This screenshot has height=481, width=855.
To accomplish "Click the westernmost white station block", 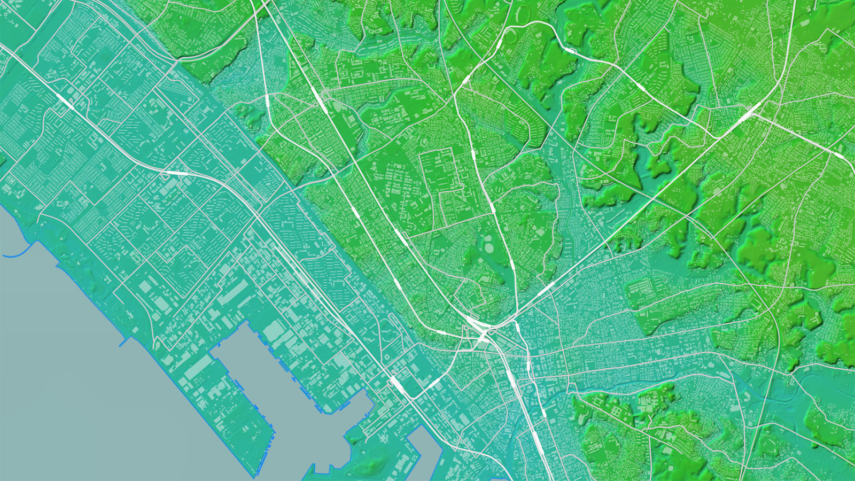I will [x=65, y=102].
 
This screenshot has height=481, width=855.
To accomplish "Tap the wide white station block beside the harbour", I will [x=397, y=383].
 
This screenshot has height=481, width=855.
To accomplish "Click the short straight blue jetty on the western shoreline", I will [x=124, y=342].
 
